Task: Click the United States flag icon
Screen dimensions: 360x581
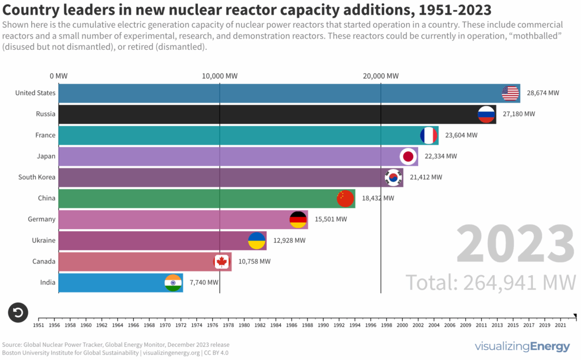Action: coord(511,93)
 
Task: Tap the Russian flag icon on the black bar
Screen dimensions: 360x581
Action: coord(487,114)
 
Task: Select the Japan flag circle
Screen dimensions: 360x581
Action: coord(408,156)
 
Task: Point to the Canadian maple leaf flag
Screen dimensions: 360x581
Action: coord(221,262)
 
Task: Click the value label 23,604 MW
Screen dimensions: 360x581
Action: coord(461,135)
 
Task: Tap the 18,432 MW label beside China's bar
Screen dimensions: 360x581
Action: coord(377,198)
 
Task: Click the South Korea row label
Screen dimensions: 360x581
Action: coord(37,177)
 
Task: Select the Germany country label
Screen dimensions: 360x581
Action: coord(41,219)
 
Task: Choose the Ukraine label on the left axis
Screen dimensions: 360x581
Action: coord(44,240)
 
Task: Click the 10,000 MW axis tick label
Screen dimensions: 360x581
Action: coord(220,76)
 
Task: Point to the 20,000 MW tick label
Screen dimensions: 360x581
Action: coord(381,76)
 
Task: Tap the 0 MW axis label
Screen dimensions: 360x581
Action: coord(59,76)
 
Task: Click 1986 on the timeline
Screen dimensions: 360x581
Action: coord(291,326)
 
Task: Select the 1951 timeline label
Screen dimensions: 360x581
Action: coord(39,326)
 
